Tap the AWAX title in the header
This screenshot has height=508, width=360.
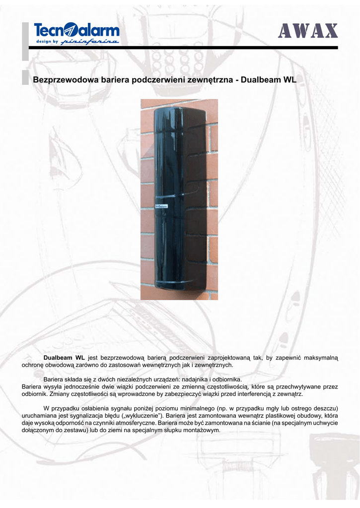pyautogui.click(x=308, y=32)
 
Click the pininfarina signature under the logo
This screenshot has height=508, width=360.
pyautogui.click(x=90, y=42)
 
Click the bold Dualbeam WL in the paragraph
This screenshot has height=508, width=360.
pyautogui.click(x=64, y=357)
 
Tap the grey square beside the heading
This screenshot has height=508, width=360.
pyautogui.click(x=25, y=78)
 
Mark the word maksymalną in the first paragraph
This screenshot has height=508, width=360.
pyautogui.click(x=320, y=357)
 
